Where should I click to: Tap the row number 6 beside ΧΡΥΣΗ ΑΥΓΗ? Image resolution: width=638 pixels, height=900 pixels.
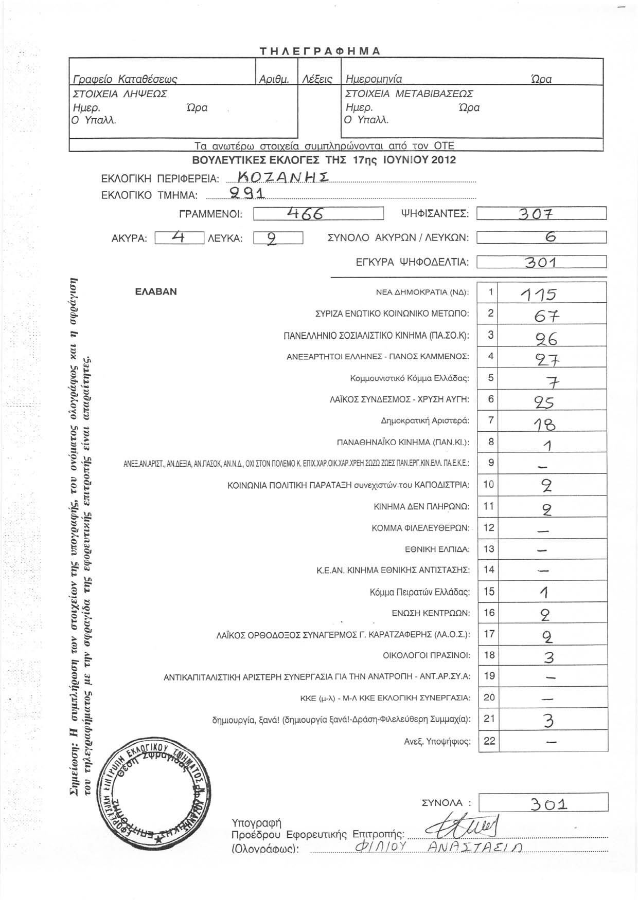coord(491,399)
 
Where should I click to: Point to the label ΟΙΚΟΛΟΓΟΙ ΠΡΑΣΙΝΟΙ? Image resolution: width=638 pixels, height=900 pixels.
coord(427,655)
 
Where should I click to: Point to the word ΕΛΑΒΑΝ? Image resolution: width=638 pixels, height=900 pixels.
coord(156,291)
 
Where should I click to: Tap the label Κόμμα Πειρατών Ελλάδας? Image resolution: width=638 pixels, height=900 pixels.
coord(420,592)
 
